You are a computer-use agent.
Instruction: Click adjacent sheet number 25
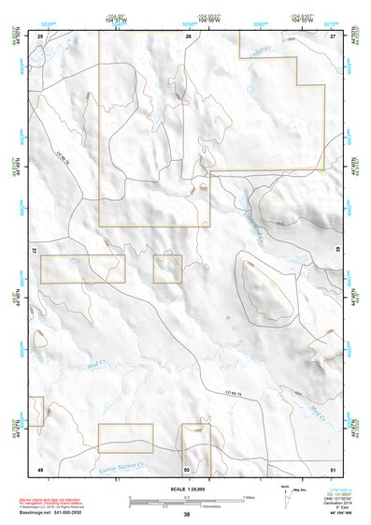click(x=40, y=36)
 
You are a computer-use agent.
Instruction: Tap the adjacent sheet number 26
click(x=188, y=36)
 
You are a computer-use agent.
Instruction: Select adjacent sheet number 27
click(x=333, y=36)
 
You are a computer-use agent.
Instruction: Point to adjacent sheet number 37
click(x=35, y=252)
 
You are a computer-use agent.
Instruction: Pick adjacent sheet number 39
click(x=337, y=252)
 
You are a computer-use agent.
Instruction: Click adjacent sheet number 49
click(x=40, y=467)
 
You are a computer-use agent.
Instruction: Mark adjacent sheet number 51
click(x=333, y=467)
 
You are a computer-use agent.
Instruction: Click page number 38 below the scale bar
click(x=186, y=516)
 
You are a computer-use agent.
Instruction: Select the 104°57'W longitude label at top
click(x=116, y=19)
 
